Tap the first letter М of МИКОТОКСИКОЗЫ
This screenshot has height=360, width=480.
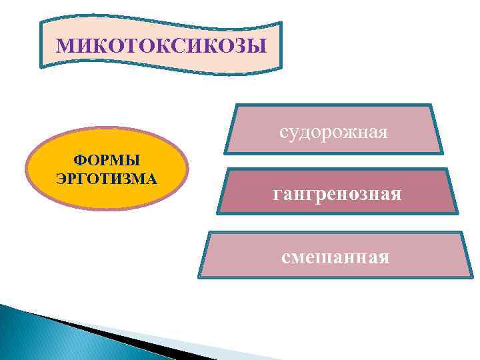(x=63, y=46)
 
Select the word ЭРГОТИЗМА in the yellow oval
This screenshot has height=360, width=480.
(x=107, y=179)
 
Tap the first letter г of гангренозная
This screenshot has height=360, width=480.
(x=277, y=195)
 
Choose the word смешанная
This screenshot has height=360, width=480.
(x=335, y=255)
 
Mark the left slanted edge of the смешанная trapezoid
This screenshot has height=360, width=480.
(x=204, y=255)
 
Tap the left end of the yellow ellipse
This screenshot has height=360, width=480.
(x=27, y=170)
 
